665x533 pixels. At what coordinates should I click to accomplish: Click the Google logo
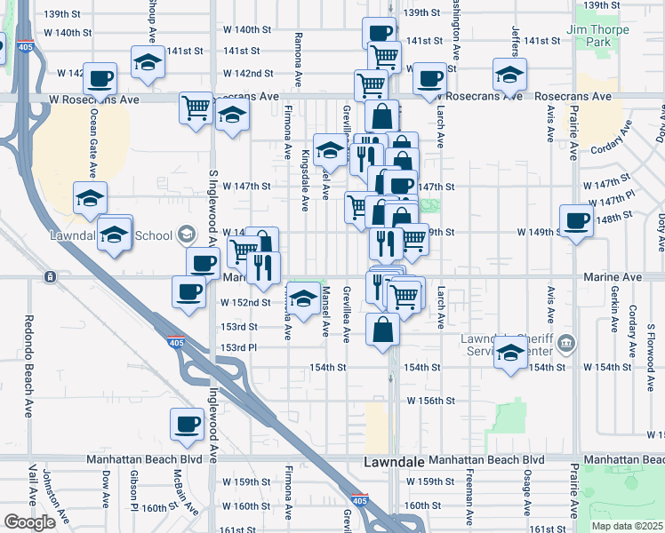tap(29, 522)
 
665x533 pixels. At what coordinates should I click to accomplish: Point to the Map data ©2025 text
tap(627, 526)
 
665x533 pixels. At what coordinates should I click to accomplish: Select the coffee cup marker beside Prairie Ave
tap(576, 220)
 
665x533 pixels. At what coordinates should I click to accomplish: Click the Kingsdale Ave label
tap(305, 180)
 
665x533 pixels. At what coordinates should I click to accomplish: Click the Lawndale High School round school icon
tap(186, 235)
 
